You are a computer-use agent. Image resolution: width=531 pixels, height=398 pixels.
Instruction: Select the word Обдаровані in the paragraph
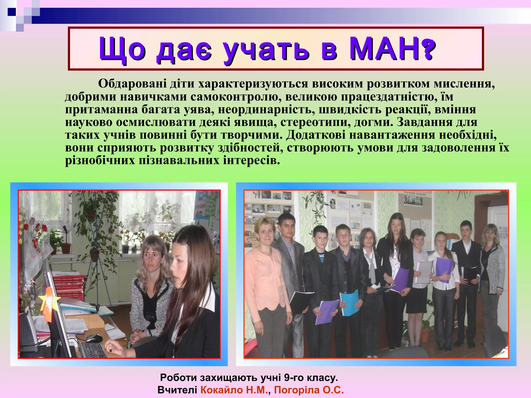click(x=132, y=84)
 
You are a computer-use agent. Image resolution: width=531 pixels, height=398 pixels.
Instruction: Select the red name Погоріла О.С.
click(x=309, y=390)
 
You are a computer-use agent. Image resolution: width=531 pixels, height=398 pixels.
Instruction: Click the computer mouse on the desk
click(x=94, y=338)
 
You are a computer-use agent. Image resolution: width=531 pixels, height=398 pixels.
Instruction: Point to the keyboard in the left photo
click(x=92, y=350)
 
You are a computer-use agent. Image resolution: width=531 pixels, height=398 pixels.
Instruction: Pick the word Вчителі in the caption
click(x=177, y=390)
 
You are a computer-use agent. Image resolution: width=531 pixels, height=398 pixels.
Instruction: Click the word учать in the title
click(x=266, y=49)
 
